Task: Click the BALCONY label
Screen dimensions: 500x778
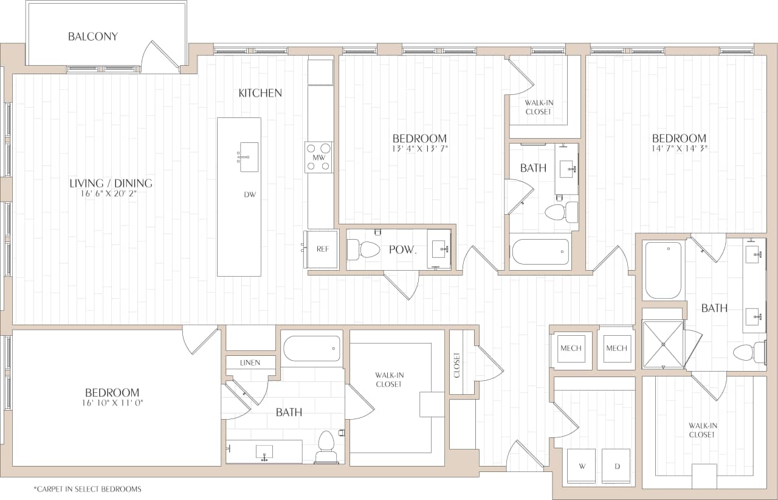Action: [x=93, y=36]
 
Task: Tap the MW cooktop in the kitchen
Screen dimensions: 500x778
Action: [x=319, y=157]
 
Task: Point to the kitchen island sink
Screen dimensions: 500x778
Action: [x=248, y=157]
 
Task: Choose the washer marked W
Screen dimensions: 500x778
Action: [x=582, y=467]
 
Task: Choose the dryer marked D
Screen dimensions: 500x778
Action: [x=616, y=467]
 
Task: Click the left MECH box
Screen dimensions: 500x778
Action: [x=571, y=349]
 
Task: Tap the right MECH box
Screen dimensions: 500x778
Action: [x=616, y=349]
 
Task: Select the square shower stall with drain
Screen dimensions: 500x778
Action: [x=663, y=344]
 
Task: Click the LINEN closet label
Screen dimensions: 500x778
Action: [x=250, y=363]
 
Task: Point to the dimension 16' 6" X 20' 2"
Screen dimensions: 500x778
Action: [x=111, y=194]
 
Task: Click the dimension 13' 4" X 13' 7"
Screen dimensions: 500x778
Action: [x=419, y=149]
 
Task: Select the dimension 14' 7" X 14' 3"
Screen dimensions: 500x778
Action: [x=679, y=149]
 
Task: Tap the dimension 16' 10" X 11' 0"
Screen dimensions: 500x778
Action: [x=112, y=403]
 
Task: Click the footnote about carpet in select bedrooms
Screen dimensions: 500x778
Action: [x=88, y=488]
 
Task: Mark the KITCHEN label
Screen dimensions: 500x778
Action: [x=260, y=93]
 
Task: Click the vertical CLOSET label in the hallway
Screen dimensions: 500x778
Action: [x=457, y=365]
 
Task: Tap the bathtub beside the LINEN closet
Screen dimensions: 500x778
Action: [x=312, y=349]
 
